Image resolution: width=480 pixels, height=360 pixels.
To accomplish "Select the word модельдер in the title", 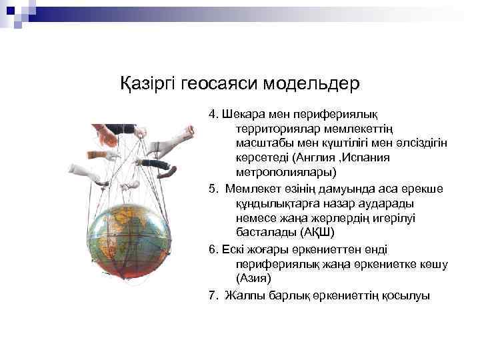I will click(313, 85).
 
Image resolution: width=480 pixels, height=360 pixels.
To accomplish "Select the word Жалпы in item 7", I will click(243, 295).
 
